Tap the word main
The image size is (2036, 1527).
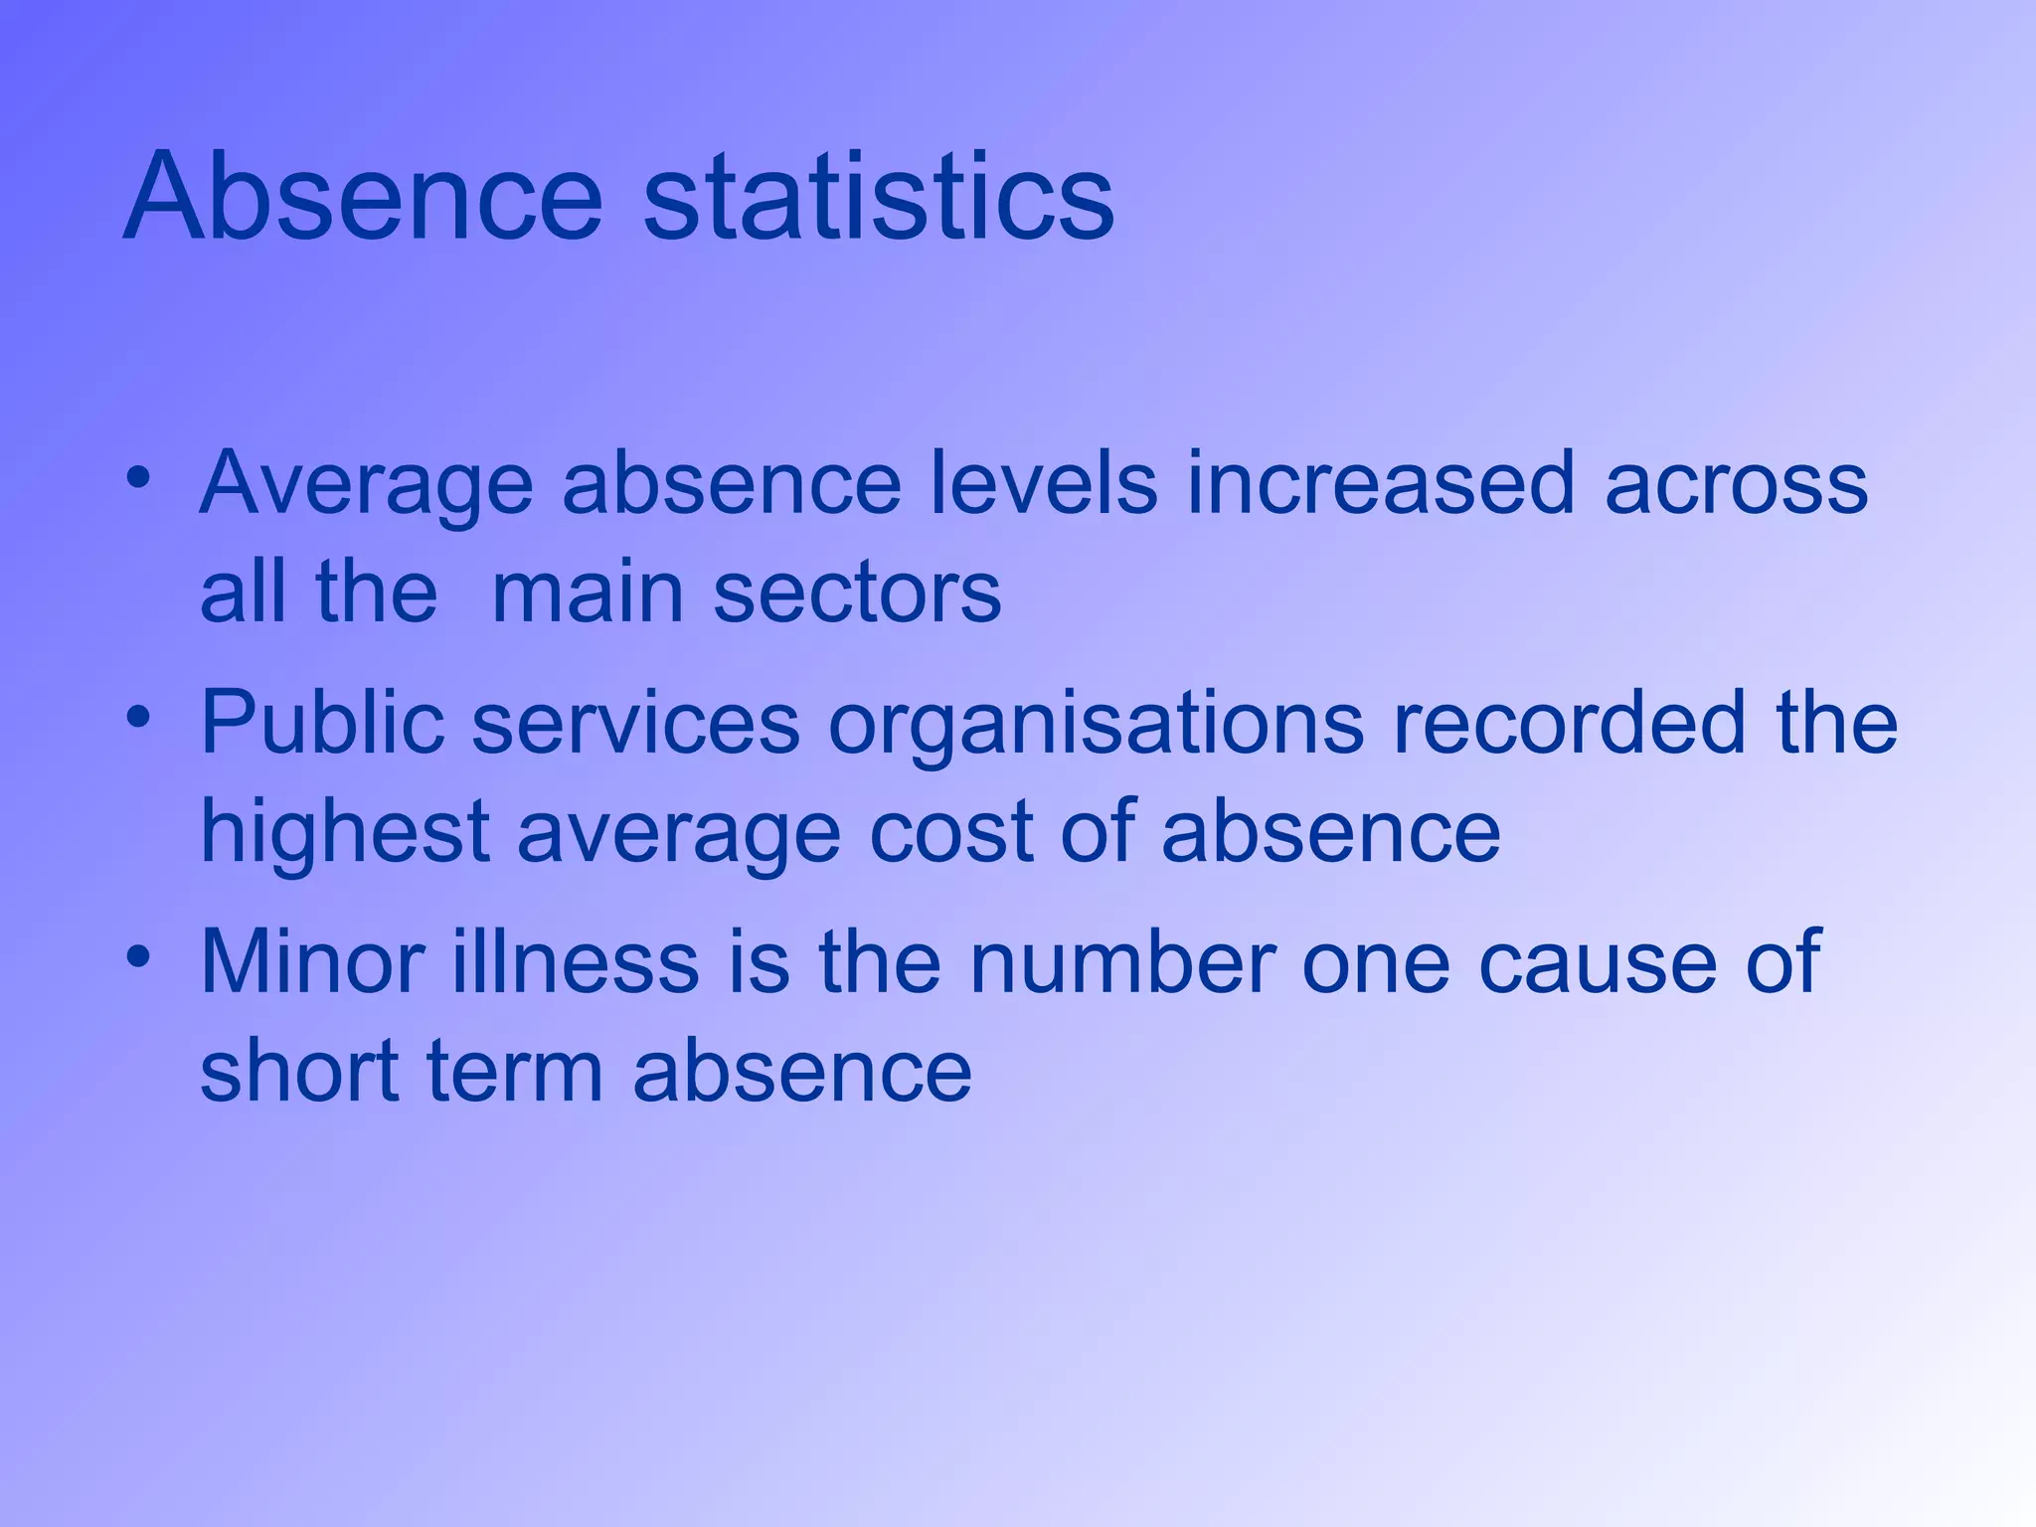point(588,593)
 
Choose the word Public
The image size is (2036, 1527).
point(322,722)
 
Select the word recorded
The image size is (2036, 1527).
point(1570,722)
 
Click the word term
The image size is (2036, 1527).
point(515,1071)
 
